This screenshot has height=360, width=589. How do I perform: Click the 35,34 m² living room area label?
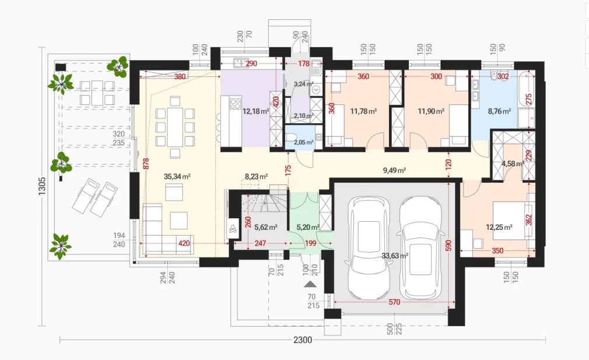pos(177,176)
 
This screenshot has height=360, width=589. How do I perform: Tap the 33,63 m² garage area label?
pos(395,256)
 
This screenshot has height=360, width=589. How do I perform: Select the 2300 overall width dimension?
pos(303,340)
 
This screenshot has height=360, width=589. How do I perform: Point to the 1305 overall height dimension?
pos(41,186)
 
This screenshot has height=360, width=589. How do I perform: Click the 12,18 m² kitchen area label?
pos(255,111)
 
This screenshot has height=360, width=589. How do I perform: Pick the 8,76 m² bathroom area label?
pos(499,111)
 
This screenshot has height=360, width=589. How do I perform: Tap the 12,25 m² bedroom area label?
pos(499,227)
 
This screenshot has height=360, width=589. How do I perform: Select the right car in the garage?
pos(420,247)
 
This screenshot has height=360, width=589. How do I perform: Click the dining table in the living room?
pos(175,127)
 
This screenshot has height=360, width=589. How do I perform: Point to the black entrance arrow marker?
pos(310,284)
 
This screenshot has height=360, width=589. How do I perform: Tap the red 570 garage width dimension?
pos(394,302)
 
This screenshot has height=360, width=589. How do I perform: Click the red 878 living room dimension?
pos(146,163)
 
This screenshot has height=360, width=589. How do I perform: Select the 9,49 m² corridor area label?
pos(394,170)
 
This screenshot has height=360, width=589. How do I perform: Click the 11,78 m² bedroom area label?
pos(363,111)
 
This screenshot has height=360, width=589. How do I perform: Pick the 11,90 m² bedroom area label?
pos(431,111)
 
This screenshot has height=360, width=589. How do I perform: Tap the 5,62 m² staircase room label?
pos(265,227)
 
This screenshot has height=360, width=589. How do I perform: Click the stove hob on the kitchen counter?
pos(235,103)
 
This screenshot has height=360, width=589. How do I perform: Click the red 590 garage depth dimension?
pos(448,246)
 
